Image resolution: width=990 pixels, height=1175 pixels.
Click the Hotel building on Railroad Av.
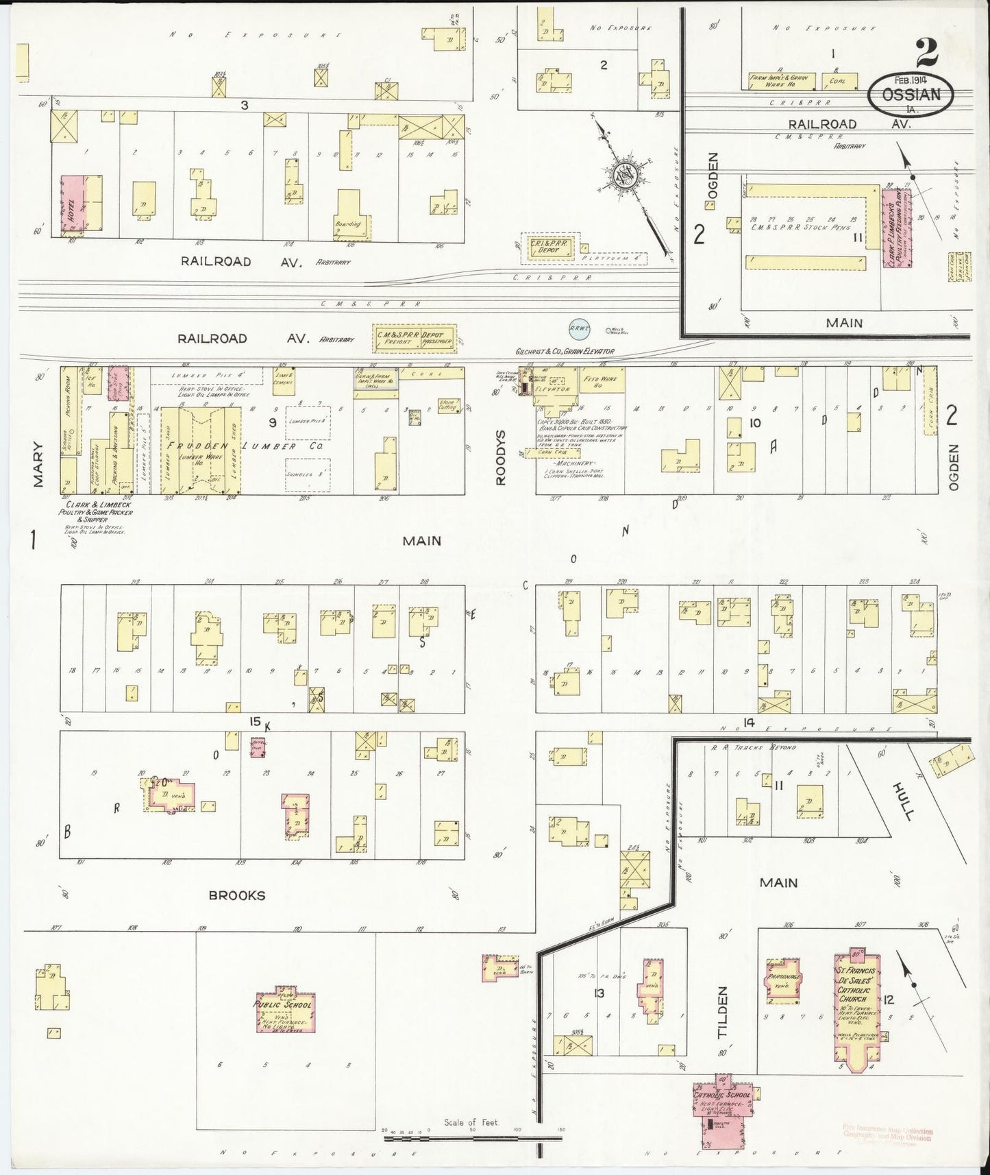pyautogui.click(x=73, y=204)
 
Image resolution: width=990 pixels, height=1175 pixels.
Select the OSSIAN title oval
pyautogui.click(x=911, y=95)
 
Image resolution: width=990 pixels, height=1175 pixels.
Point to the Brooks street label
pyautogui.click(x=237, y=895)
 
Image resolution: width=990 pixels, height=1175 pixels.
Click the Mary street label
pyautogui.click(x=37, y=465)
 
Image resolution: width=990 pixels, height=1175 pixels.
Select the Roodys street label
pyautogui.click(x=501, y=458)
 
